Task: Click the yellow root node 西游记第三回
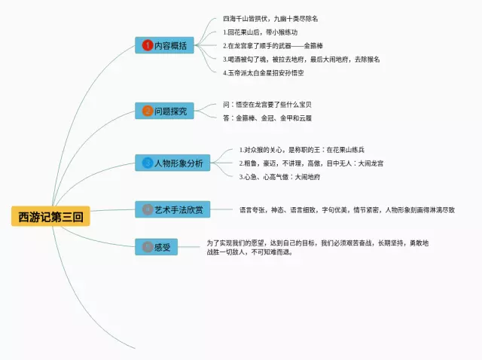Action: click(50, 217)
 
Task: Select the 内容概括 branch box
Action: click(166, 45)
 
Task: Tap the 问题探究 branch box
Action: click(165, 111)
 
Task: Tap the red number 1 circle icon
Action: click(148, 45)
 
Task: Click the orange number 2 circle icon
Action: click(148, 111)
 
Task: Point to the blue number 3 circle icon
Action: click(148, 163)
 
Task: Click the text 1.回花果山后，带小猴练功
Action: click(261, 32)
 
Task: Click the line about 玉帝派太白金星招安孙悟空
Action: click(273, 72)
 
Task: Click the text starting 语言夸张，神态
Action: click(346, 209)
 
